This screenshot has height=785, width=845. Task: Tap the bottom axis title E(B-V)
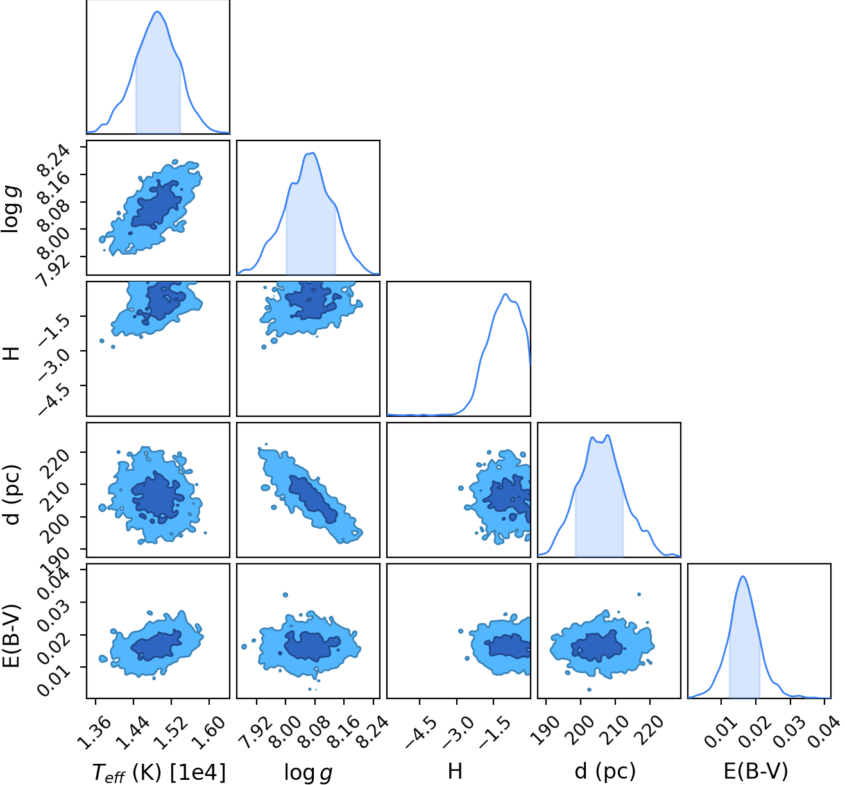756,770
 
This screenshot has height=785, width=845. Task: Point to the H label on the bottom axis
455,770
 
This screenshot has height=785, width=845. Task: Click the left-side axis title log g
12,209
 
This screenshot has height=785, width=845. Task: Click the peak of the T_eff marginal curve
157,12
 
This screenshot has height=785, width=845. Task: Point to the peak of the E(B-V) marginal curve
743,577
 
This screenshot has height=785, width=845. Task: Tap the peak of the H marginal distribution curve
506,294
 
